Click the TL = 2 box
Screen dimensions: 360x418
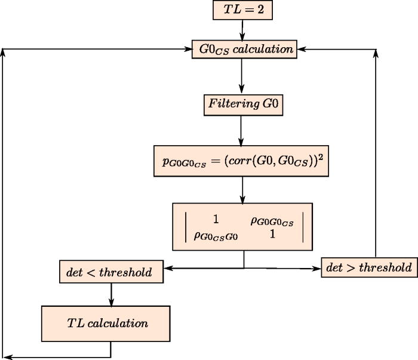pyautogui.click(x=242, y=10)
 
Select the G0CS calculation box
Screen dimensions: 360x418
pyautogui.click(x=244, y=50)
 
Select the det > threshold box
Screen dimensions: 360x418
pyautogui.click(x=368, y=267)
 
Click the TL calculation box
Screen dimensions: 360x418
pyautogui.click(x=107, y=324)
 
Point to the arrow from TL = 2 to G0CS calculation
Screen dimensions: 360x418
pyautogui.click(x=242, y=29)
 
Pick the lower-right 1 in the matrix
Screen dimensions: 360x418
pyautogui.click(x=272, y=235)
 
